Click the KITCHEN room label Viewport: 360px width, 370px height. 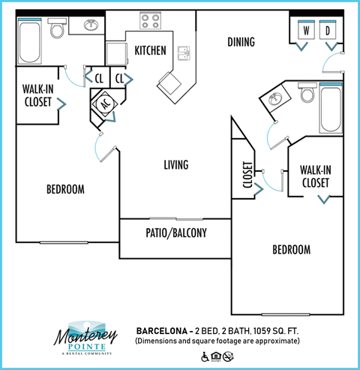click(x=150, y=50)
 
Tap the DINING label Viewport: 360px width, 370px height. click(x=241, y=42)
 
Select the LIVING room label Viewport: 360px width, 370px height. click(x=175, y=164)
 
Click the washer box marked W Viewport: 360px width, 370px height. click(x=307, y=31)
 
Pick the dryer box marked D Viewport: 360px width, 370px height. click(x=328, y=31)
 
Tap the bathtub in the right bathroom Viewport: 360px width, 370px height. click(x=330, y=109)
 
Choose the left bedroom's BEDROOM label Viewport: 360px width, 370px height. click(x=65, y=189)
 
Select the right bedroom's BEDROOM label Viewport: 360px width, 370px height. click(x=290, y=249)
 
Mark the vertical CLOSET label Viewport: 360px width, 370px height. click(x=248, y=178)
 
